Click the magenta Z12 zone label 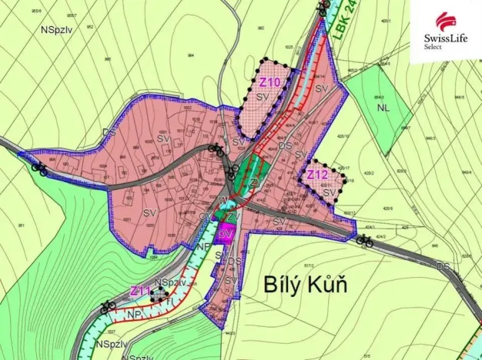(x=318, y=175)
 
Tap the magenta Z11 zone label (x=139, y=291)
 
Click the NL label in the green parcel (x=383, y=108)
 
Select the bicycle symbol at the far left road (x=38, y=166)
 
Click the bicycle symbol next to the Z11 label (x=108, y=305)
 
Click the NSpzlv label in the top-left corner (x=57, y=28)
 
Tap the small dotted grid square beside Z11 (x=159, y=293)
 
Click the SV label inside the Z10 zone (x=262, y=96)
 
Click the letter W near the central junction (x=225, y=201)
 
